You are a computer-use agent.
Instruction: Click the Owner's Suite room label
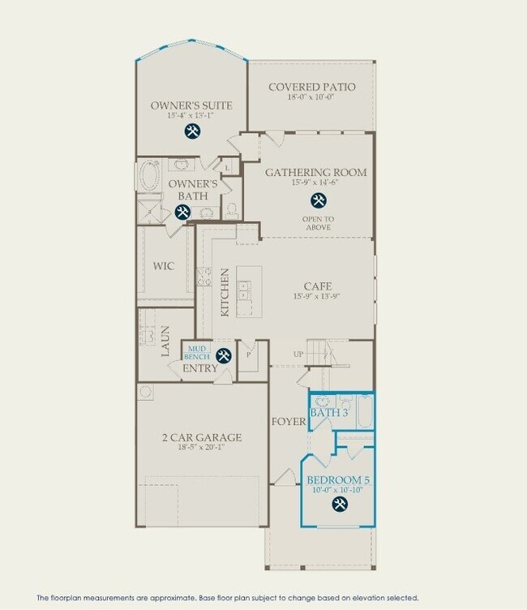click(x=191, y=105)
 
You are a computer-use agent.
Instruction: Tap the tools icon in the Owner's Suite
click(x=192, y=131)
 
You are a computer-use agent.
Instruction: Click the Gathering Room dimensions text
click(x=316, y=183)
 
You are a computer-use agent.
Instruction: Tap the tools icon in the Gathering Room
click(x=316, y=200)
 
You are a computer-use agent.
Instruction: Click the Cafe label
click(x=316, y=286)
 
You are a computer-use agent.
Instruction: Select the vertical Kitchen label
click(x=225, y=292)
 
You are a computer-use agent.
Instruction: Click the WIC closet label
click(x=165, y=266)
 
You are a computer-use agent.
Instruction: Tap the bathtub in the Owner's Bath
click(x=151, y=176)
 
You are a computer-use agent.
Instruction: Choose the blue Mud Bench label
click(x=197, y=352)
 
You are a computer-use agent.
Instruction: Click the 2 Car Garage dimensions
click(x=199, y=450)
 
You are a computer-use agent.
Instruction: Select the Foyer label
click(x=288, y=422)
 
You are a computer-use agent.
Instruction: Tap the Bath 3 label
click(x=328, y=414)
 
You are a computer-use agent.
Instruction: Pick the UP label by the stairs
click(x=299, y=354)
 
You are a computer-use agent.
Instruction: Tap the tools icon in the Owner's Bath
click(x=182, y=212)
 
